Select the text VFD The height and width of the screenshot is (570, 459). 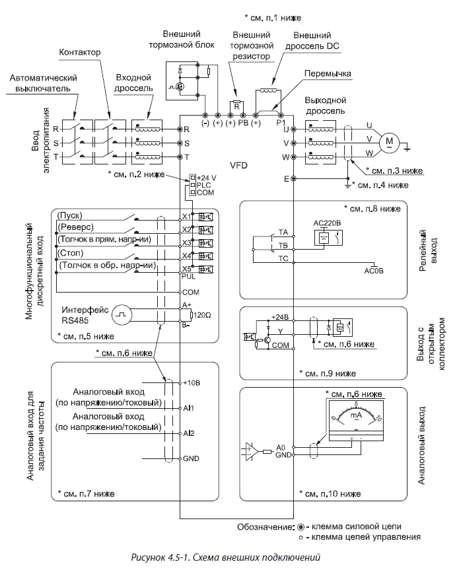coord(239,165)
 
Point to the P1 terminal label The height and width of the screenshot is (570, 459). coord(281,124)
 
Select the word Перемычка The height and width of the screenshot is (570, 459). coord(329,73)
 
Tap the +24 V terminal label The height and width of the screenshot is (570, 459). coord(207,178)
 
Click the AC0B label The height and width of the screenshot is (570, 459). coord(374,271)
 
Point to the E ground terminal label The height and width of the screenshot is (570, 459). coord(286,179)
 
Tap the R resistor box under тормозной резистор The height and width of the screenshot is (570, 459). coord(236,105)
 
